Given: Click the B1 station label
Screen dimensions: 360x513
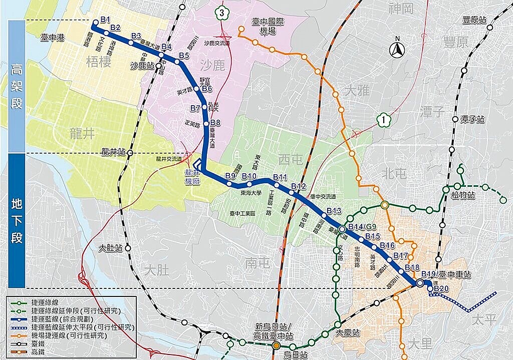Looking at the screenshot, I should tap(105, 20).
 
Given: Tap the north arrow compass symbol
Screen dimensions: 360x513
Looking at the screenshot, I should tap(397, 49).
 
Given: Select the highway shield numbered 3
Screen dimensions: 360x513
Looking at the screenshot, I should tap(221, 13).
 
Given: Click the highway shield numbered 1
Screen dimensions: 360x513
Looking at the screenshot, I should tap(383, 120).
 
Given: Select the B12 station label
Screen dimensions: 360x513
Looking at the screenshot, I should tap(298, 187).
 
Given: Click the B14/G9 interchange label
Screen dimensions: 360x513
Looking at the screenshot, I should tap(362, 227).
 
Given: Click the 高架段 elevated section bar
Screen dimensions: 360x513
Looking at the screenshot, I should tap(17, 85).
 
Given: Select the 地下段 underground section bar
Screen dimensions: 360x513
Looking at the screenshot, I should tap(17, 220).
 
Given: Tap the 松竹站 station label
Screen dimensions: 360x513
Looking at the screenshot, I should tap(462, 195).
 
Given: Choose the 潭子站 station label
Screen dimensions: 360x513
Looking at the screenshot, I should tap(473, 120).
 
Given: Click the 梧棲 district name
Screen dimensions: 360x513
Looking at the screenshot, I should tap(98, 62).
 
